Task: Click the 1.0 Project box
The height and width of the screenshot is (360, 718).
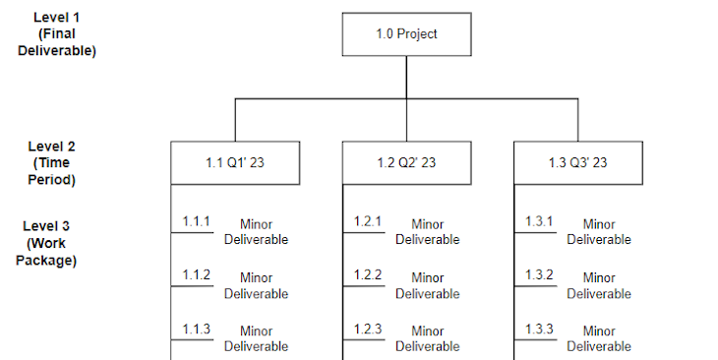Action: coord(406,34)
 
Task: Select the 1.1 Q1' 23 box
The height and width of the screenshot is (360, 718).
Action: coord(235,163)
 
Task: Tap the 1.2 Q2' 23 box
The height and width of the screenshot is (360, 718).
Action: coord(406,163)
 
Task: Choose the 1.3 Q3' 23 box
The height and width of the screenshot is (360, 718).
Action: coord(577,163)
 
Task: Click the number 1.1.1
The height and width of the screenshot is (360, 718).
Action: coord(196,221)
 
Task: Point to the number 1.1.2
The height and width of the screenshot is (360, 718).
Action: coord(196,274)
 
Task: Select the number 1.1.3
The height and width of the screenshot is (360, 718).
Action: coord(196,329)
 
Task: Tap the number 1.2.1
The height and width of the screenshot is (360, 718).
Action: coord(368,221)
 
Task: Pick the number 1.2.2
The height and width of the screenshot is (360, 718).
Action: coord(368,274)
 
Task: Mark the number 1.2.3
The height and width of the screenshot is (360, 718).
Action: coord(368,329)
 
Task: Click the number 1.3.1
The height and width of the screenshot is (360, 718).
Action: coord(539,221)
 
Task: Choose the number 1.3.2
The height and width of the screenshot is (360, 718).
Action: coord(539,274)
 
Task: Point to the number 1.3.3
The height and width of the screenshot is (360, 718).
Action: coord(539,329)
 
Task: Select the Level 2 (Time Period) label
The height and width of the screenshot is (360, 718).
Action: coord(52,163)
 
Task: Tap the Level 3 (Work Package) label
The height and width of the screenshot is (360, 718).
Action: coord(46,244)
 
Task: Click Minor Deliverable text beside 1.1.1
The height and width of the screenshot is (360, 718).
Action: coord(256,232)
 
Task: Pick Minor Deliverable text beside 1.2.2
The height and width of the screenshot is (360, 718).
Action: coord(428,285)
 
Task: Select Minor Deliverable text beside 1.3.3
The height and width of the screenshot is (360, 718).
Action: coord(599,338)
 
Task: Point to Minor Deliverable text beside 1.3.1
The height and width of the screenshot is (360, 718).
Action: coord(599,232)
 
